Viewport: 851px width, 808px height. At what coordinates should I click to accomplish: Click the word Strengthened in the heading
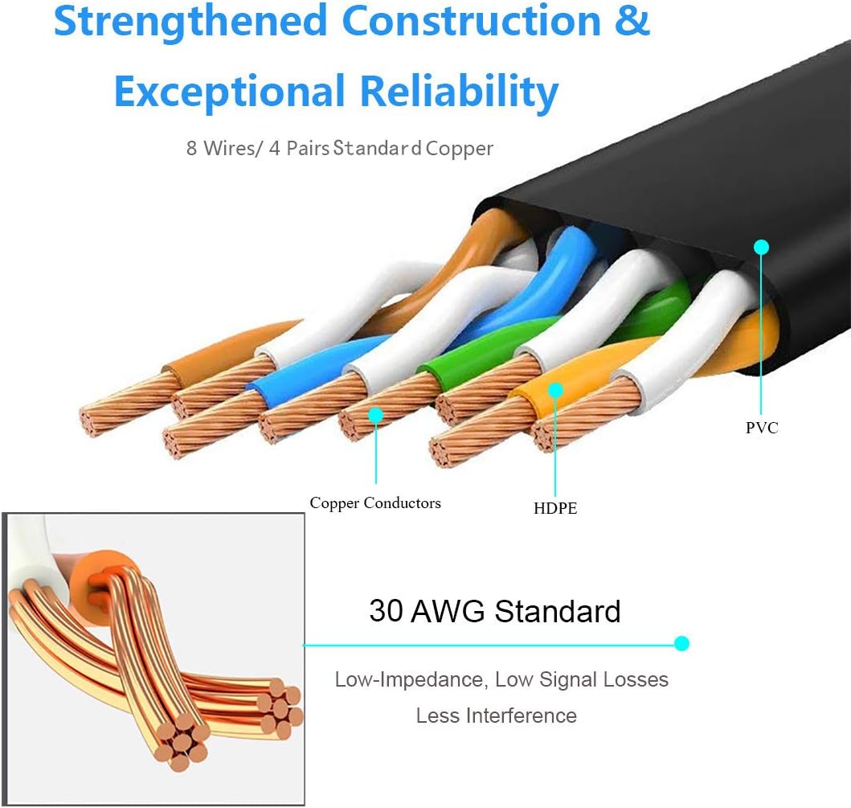pos(190,23)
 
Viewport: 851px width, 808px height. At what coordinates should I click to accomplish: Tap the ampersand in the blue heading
pos(632,21)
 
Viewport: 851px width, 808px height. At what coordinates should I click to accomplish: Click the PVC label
pos(762,428)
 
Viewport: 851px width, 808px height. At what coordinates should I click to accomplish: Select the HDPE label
pos(555,508)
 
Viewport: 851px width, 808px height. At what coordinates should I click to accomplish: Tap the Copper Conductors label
pos(375,503)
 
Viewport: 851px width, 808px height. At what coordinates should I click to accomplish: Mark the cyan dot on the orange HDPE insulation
pos(555,390)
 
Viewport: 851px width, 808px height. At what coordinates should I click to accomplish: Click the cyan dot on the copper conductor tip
pos(375,415)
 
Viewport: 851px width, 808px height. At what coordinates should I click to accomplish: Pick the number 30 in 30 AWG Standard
pos(386,611)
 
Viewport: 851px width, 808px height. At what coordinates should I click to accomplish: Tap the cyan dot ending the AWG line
pos(682,643)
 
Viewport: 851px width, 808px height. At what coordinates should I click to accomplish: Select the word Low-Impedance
pos(408,680)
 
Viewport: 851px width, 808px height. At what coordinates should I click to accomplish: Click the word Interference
pos(524,716)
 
